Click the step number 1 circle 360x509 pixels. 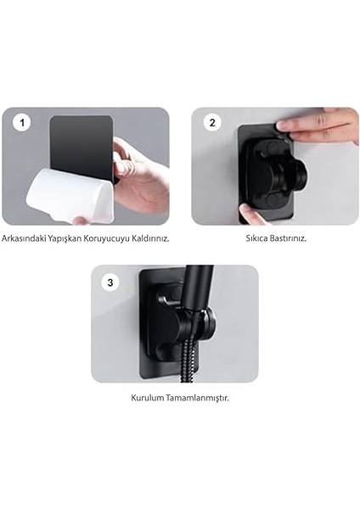pyautogui.click(x=22, y=123)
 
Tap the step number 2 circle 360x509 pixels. pyautogui.click(x=212, y=123)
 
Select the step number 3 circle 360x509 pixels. pyautogui.click(x=110, y=282)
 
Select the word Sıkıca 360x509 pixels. pyautogui.click(x=256, y=238)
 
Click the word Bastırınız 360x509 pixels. pyautogui.click(x=288, y=238)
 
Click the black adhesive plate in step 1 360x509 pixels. pyautogui.click(x=82, y=146)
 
